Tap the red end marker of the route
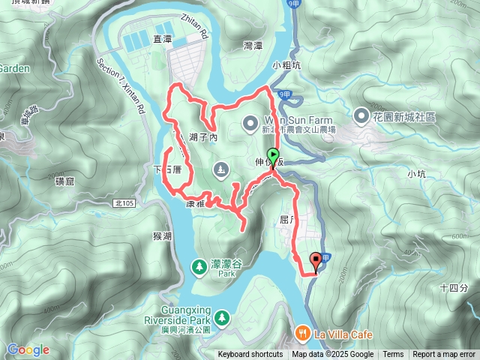316,261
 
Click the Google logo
28,349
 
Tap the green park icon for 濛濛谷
199,265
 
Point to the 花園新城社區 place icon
361,116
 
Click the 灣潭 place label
253,46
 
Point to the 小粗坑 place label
286,64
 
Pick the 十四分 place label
454,287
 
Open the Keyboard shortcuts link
250,355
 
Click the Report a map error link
445,355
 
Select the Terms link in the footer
393,355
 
